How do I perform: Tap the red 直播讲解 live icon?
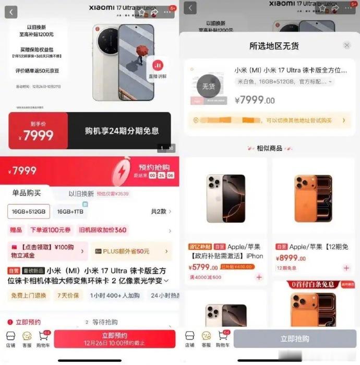point(158,68)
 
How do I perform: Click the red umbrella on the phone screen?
point(140,51)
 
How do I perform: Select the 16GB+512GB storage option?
point(29,212)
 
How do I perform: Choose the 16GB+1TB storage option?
point(70,212)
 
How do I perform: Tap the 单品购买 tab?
point(27,193)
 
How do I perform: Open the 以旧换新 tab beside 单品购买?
point(81,193)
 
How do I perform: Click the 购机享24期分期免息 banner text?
point(122,131)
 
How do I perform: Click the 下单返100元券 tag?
point(51,230)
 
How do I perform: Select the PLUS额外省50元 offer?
point(131,251)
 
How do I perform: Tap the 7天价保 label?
point(68,295)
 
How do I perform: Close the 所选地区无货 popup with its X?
point(347,46)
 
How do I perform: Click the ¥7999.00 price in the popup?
point(254,100)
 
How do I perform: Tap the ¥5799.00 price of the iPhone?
point(203,267)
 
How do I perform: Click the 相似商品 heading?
point(269,148)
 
